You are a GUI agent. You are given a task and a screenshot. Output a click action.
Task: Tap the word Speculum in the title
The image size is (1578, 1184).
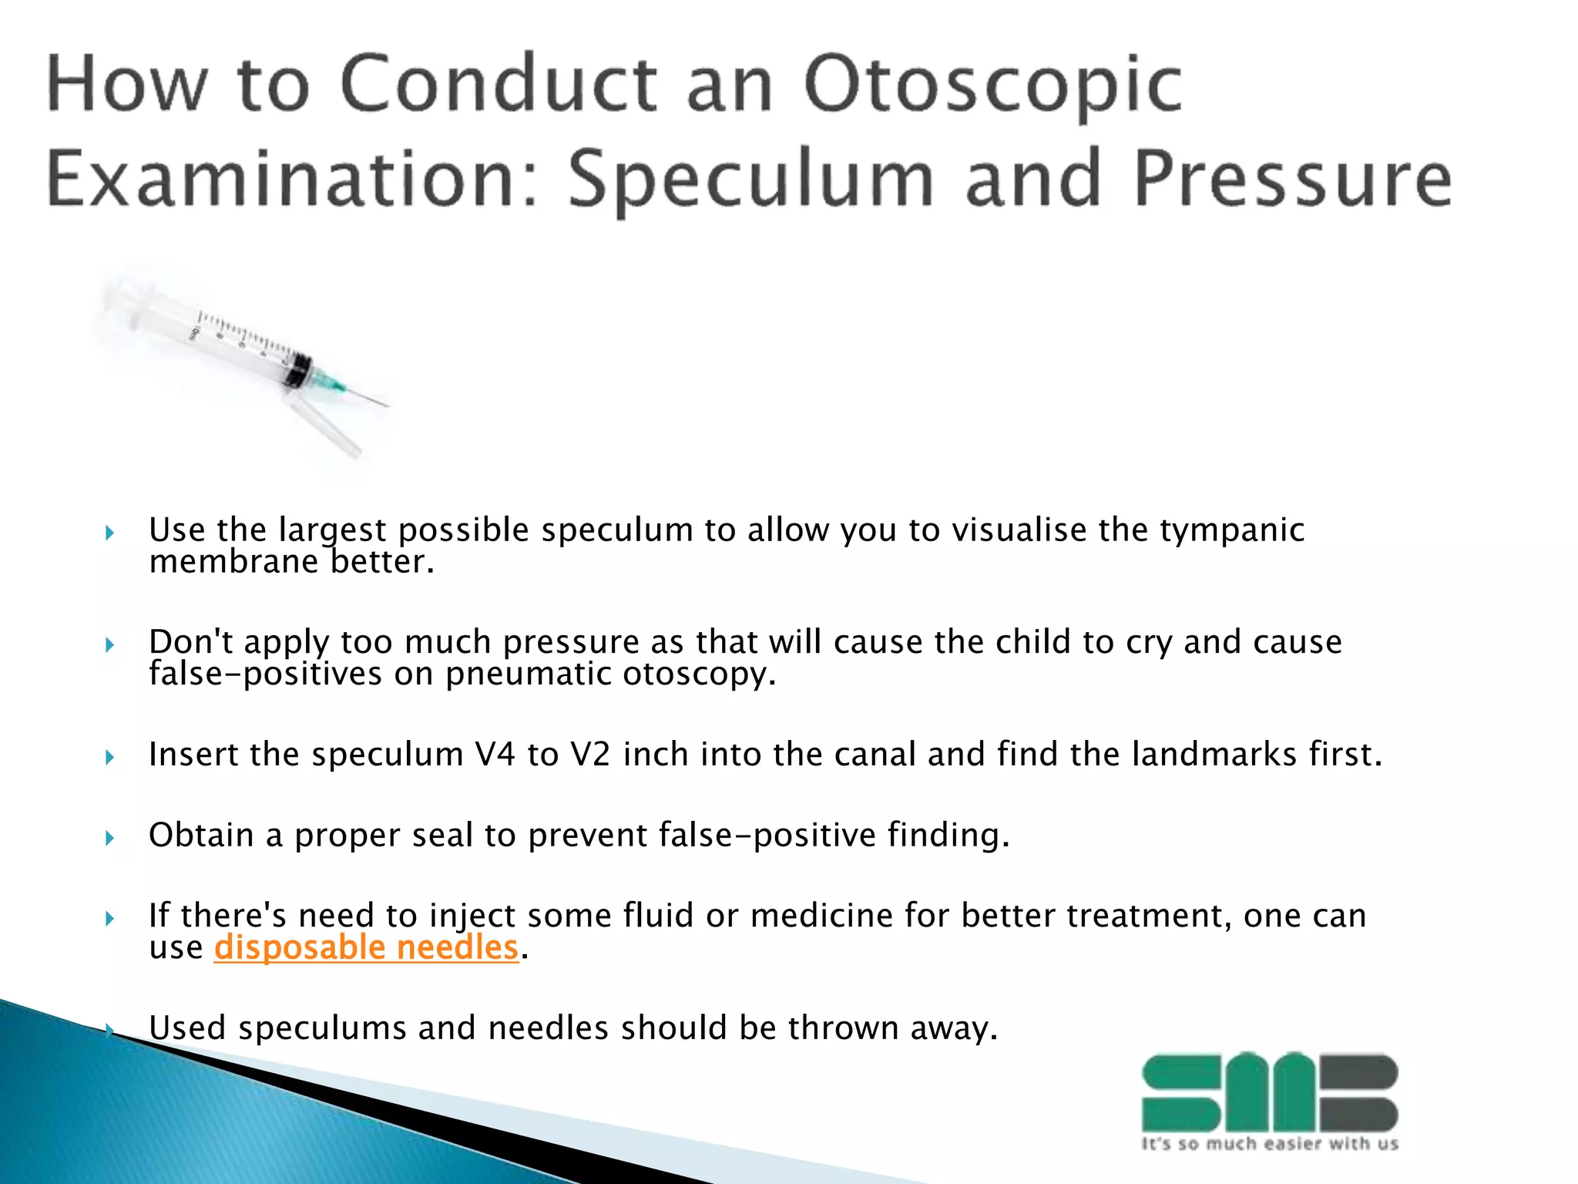[x=751, y=180]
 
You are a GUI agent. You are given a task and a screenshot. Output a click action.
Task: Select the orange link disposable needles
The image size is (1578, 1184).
[x=366, y=948]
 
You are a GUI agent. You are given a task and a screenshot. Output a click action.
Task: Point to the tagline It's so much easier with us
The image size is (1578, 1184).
[x=1269, y=1144]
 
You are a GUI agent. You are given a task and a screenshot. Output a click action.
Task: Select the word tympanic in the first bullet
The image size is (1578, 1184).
[x=1232, y=530]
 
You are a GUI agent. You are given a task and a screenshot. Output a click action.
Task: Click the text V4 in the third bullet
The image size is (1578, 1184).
[x=495, y=755]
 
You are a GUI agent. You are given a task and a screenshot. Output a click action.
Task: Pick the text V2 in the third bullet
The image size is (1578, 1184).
[x=590, y=755]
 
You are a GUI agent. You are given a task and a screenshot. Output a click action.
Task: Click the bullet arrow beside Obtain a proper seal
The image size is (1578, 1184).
[x=110, y=838]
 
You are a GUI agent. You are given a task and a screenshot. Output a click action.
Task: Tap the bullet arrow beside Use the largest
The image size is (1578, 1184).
[x=110, y=533]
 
